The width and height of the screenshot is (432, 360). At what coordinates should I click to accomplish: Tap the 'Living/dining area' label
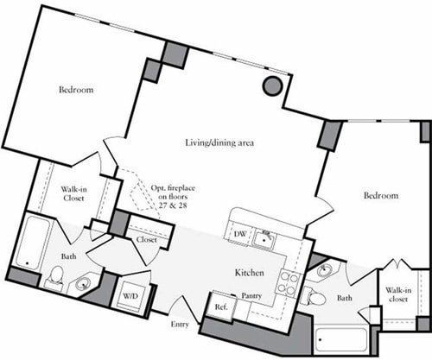coord(224,142)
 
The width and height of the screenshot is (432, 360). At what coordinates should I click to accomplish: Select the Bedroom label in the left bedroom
coord(76,90)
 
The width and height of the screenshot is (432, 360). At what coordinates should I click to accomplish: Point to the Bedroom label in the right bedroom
coord(380,197)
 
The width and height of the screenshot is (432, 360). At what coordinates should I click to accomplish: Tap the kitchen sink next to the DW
coord(267,235)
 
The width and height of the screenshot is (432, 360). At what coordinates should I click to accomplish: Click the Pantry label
coord(251,295)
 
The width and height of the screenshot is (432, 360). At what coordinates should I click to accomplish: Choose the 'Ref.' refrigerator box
coord(220,306)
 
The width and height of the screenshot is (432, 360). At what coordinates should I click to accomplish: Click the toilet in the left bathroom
coord(55,276)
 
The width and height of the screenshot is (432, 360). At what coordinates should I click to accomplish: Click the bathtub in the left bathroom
coord(30,243)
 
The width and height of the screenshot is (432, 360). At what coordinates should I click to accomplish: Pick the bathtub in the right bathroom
coord(338,339)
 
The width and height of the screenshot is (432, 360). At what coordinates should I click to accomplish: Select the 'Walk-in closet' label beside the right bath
coord(398,296)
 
